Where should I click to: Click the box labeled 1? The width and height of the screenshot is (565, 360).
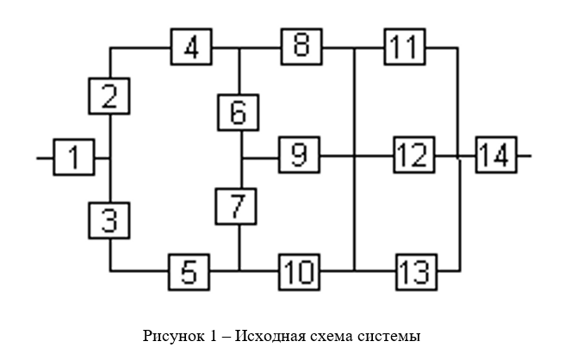(74, 158)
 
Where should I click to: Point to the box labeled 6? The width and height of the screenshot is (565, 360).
(239, 112)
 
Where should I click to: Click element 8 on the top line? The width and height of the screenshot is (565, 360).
(299, 47)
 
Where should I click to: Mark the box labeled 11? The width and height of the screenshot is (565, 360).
(404, 47)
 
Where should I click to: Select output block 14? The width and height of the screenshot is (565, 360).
(495, 158)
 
